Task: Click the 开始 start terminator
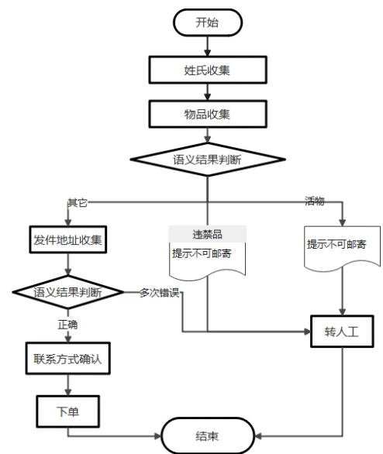[206, 22]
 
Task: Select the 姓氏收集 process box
[206, 70]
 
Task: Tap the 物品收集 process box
[206, 115]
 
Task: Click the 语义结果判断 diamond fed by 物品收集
[206, 161]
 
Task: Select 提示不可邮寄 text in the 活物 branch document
[336, 244]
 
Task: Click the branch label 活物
[313, 201]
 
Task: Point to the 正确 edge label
[67, 325]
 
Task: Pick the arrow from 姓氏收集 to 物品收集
[206, 92]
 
